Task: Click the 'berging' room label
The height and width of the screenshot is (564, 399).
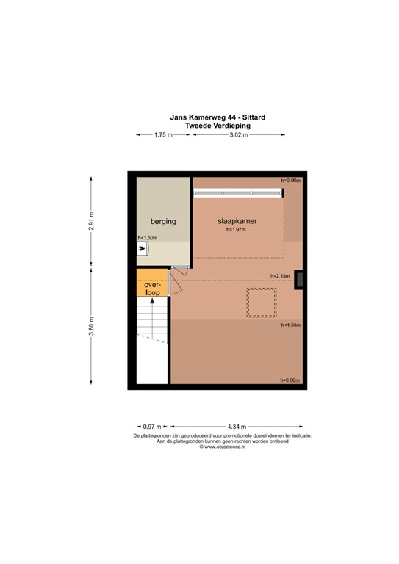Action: click(x=163, y=222)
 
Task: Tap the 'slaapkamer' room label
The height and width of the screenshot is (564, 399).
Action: click(x=237, y=221)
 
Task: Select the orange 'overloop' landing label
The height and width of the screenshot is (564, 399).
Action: click(x=152, y=289)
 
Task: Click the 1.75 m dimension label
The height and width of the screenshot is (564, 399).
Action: click(x=163, y=135)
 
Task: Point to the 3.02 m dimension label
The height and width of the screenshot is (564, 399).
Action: click(x=239, y=135)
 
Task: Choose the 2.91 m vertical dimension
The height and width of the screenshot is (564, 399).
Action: click(x=91, y=221)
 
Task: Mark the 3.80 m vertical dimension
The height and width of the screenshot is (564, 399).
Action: click(x=91, y=326)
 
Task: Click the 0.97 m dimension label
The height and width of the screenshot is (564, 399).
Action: click(x=152, y=427)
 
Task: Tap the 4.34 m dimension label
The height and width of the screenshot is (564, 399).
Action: click(x=237, y=427)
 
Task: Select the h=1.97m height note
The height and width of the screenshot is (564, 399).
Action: click(x=236, y=229)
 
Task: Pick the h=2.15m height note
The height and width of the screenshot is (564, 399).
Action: click(x=280, y=276)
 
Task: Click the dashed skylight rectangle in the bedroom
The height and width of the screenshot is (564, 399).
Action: click(x=262, y=303)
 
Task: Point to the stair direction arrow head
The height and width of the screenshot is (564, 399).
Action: click(x=152, y=300)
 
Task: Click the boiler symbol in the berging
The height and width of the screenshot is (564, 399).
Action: click(x=143, y=248)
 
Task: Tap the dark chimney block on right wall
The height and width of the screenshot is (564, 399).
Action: click(x=298, y=280)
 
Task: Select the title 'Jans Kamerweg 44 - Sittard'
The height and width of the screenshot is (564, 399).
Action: click(x=218, y=117)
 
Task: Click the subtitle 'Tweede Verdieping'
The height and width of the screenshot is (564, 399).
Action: click(x=218, y=126)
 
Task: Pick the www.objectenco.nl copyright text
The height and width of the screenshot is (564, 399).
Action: click(x=223, y=446)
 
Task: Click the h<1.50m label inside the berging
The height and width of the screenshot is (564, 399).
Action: click(x=148, y=238)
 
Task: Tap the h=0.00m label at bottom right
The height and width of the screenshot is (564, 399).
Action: click(x=290, y=380)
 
